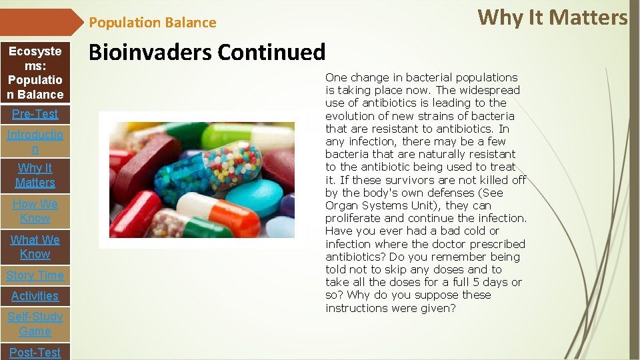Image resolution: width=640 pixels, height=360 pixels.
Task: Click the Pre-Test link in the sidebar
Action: click(x=35, y=114)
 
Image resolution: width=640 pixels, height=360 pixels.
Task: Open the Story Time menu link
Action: click(x=35, y=275)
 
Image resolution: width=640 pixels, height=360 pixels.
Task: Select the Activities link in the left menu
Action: click(x=35, y=296)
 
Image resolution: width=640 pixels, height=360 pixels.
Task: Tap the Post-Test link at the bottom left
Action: click(x=35, y=352)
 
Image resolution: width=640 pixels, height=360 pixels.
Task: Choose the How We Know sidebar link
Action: click(x=35, y=211)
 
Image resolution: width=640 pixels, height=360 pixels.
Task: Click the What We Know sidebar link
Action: click(x=35, y=247)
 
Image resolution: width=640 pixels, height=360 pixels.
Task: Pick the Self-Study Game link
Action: click(x=35, y=324)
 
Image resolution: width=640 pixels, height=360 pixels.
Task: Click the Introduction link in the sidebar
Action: click(x=35, y=142)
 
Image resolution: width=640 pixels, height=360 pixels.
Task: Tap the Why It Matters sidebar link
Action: click(x=35, y=175)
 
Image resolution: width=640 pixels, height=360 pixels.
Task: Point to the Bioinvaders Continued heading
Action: click(x=207, y=52)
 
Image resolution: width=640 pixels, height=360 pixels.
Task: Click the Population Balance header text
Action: click(x=153, y=23)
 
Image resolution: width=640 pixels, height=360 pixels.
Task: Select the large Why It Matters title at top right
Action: click(x=553, y=17)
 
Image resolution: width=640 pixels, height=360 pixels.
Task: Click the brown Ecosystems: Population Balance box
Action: click(x=35, y=73)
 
